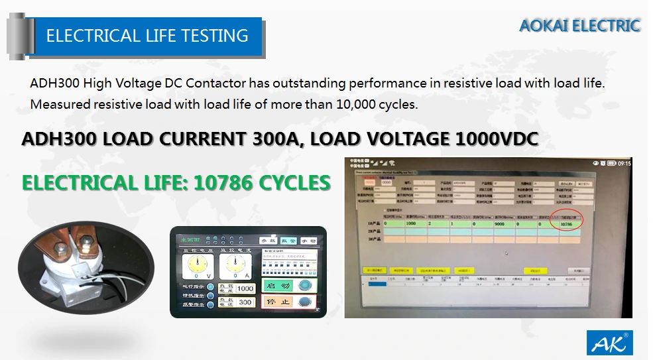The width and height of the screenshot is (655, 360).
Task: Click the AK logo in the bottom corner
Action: click(x=609, y=343)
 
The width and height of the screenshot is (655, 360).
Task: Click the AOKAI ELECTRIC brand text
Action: click(x=579, y=26)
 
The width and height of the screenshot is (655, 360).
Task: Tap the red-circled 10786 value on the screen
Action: click(x=566, y=225)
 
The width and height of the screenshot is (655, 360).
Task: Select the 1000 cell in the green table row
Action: click(x=410, y=224)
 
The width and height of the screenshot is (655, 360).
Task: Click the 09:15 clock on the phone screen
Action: click(x=624, y=163)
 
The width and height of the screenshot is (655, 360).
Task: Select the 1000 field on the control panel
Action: click(x=245, y=289)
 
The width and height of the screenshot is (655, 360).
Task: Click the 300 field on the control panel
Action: click(x=245, y=302)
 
